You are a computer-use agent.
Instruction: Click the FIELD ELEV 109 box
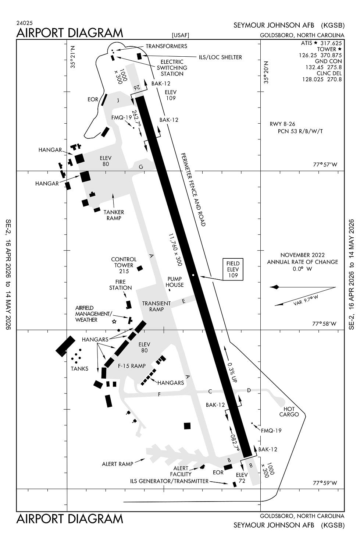[233, 269]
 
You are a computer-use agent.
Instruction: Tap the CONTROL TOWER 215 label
[124, 265]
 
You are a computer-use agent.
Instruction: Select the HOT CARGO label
[289, 411]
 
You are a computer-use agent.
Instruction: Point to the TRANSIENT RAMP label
[156, 306]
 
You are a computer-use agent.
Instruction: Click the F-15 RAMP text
[132, 366]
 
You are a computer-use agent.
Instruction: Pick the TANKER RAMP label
[114, 215]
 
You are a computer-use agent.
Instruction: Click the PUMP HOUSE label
[174, 282]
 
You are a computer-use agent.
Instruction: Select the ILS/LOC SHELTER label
[221, 57]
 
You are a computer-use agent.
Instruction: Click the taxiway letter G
[140, 167]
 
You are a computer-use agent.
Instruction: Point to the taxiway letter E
[183, 301]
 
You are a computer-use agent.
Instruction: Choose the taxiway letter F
[159, 394]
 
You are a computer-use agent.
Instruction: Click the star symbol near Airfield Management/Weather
[114, 322]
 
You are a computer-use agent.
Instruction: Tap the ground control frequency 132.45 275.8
[324, 67]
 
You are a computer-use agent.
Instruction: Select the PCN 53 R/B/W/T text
[300, 131]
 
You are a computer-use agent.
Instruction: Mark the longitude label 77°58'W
[324, 324]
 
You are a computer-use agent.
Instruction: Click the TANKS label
[79, 368]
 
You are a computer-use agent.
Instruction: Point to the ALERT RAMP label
[117, 464]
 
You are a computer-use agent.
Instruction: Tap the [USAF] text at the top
[180, 35]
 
